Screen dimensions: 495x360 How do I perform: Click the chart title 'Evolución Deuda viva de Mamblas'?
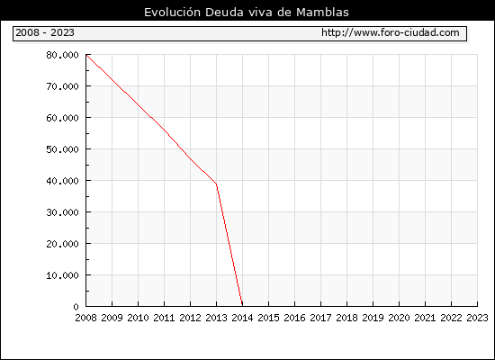(247, 13)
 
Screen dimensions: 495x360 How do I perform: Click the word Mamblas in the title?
(322, 13)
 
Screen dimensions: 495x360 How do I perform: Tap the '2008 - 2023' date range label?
(45, 32)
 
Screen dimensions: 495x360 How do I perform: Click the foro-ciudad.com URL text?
(391, 32)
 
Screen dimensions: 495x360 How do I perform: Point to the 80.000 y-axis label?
(62, 55)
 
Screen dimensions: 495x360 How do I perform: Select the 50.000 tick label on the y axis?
(62, 149)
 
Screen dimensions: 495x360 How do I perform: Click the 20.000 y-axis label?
(62, 244)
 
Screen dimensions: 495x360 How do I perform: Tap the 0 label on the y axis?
(76, 307)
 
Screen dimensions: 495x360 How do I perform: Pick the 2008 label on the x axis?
(85, 318)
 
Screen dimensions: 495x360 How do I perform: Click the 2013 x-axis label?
(216, 318)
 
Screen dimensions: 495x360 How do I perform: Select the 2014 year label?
(242, 318)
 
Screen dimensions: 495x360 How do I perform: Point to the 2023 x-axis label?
(477, 318)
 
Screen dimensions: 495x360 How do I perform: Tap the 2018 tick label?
(346, 318)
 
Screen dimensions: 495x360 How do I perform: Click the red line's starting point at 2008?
(86, 55)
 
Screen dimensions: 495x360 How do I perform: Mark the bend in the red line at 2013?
(216, 184)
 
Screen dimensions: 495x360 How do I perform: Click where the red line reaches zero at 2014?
(242, 305)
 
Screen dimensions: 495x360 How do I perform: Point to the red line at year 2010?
(138, 104)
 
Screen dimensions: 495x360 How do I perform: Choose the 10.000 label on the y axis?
(62, 275)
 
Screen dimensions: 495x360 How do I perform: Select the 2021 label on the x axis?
(425, 318)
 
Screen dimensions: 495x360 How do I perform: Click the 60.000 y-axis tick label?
(62, 118)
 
